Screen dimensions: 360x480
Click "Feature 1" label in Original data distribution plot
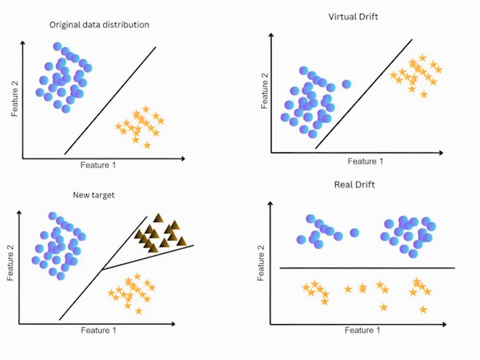[98, 165]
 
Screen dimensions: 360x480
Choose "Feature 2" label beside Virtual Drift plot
[265, 89]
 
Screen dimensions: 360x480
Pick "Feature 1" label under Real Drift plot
[363, 330]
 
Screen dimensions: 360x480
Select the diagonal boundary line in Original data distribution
[110, 101]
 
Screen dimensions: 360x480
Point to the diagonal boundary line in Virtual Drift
[363, 93]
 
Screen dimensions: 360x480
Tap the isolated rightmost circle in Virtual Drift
[346, 84]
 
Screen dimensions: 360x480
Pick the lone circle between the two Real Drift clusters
[354, 233]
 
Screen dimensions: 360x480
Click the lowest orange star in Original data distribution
[147, 145]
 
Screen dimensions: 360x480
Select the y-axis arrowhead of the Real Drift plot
[272, 203]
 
